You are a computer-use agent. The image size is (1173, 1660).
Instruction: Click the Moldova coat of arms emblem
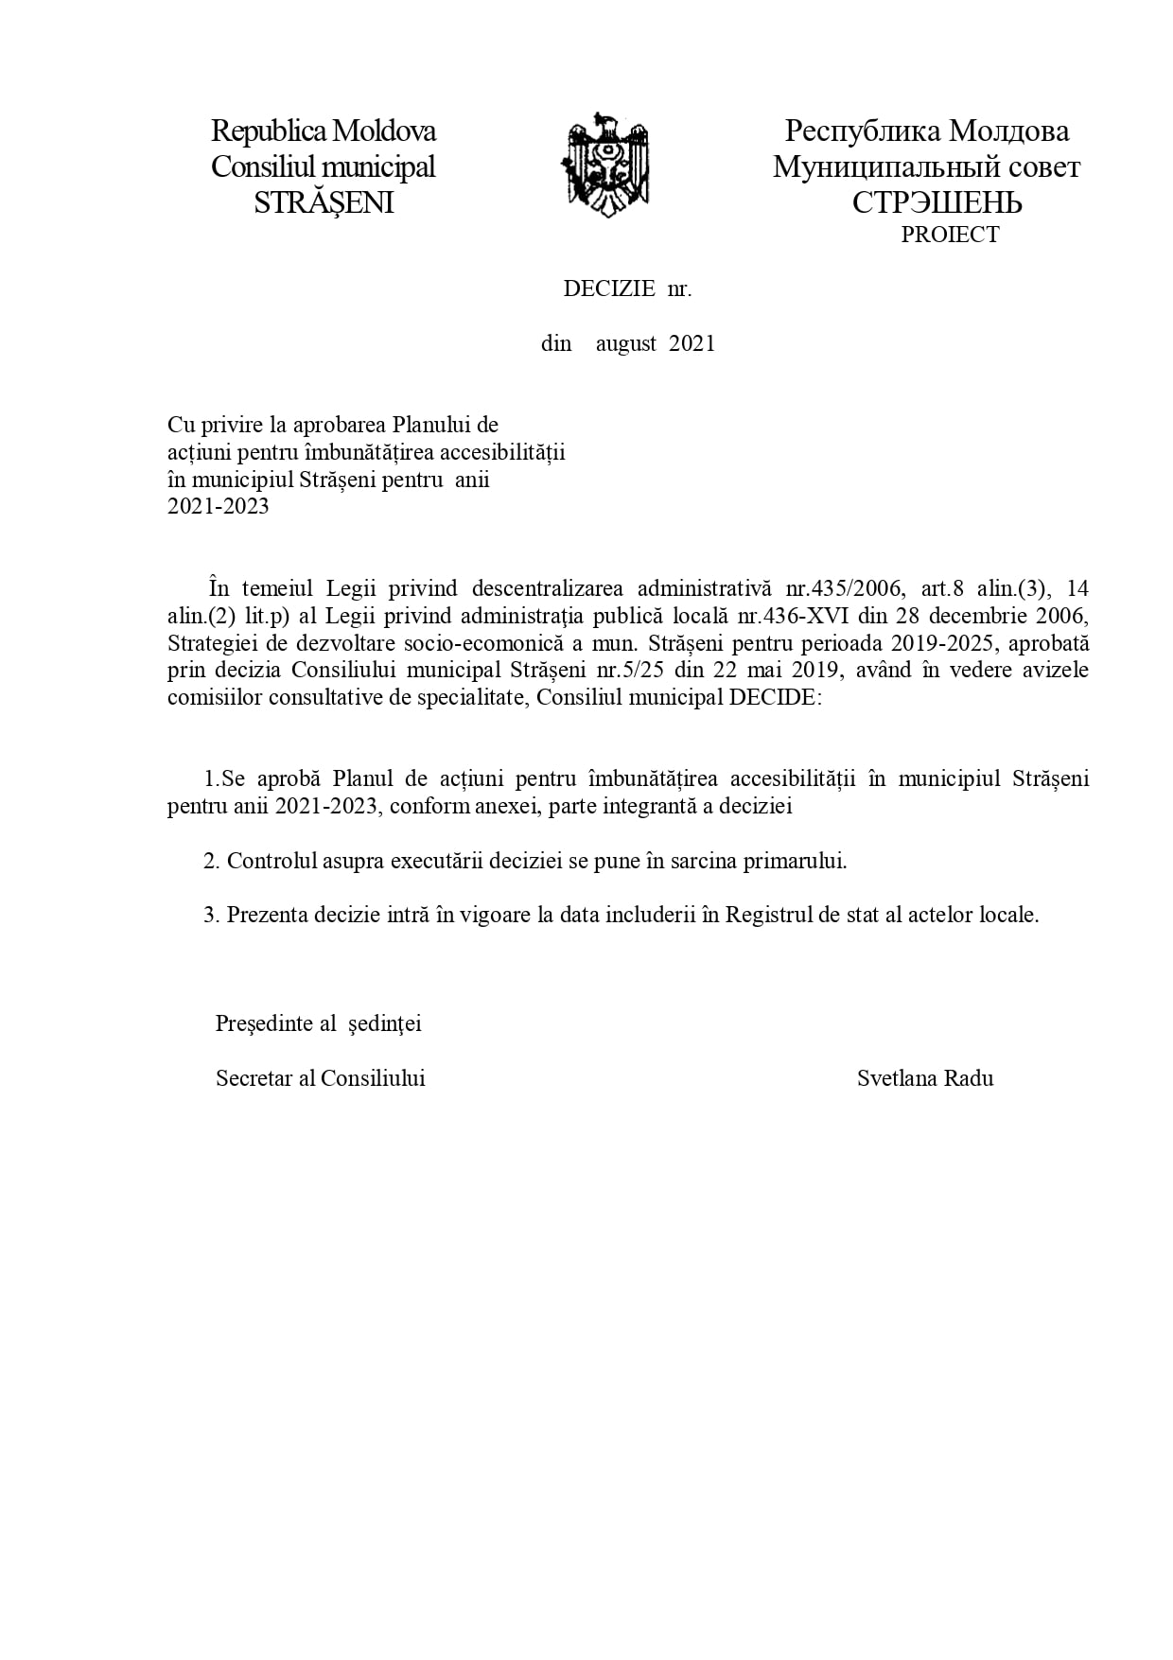point(606,165)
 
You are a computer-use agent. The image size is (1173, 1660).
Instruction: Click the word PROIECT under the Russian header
point(950,235)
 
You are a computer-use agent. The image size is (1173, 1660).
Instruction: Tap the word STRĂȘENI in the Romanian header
point(324,202)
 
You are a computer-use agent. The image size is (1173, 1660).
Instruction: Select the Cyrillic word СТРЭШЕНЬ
point(937,202)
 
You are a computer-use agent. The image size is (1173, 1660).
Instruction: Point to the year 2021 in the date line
point(692,343)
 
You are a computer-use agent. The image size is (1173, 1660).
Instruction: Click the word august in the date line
point(626,343)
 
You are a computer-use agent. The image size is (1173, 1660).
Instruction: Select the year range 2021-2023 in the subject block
point(219,506)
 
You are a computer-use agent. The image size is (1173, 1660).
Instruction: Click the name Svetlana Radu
point(925,1078)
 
